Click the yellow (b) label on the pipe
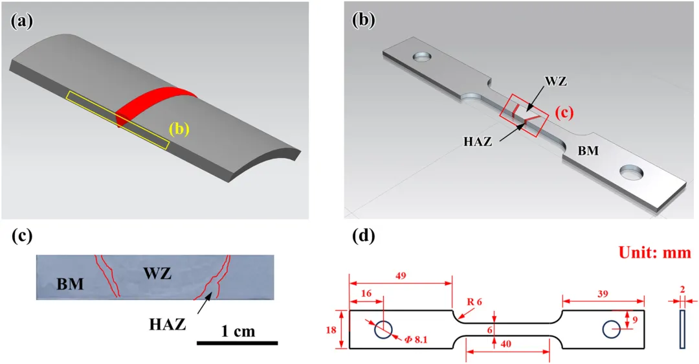point(179,129)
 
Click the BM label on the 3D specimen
point(588,150)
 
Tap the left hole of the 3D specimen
point(423,57)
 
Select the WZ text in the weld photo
point(158,273)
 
